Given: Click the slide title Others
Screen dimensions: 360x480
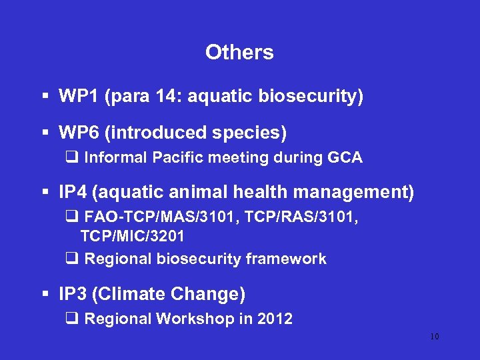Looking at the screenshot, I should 239,53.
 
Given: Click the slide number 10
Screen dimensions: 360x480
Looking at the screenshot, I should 434,337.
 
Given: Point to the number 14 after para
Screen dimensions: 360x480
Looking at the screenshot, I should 167,97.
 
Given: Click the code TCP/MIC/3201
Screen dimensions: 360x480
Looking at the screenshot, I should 133,236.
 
